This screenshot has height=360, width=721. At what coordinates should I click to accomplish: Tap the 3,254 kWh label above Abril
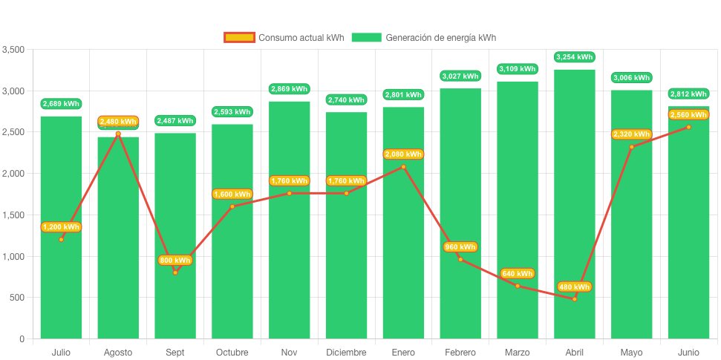pos(574,56)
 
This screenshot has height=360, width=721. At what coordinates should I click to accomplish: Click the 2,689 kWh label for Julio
pos(61,104)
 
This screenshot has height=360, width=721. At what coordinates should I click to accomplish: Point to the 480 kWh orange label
pos(574,287)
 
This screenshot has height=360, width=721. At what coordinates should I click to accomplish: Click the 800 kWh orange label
pos(175,261)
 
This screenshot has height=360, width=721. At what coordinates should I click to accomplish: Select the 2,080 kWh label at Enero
pos(403,154)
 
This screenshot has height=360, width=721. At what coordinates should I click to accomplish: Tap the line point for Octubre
pos(232,206)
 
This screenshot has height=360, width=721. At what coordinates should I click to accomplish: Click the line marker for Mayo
pos(631,147)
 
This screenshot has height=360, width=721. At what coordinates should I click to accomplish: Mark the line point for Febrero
pos(460,259)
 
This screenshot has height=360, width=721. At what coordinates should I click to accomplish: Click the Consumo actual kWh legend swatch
pos(239,38)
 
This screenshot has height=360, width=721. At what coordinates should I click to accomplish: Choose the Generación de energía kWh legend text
pos(441,38)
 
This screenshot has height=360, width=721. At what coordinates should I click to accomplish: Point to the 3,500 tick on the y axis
pos(13,50)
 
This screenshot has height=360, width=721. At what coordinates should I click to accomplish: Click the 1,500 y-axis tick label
pos(13,215)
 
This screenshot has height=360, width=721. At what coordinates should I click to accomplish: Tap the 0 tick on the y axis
pos(22,339)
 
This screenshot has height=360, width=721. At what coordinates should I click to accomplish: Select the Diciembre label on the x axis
pos(346,353)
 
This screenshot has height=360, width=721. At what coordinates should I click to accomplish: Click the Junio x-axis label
pos(688,353)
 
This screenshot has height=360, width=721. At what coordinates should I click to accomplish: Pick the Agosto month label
pos(118,353)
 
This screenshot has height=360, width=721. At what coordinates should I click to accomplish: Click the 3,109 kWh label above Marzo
pos(518,69)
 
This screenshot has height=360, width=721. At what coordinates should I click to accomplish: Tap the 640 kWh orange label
pos(518,274)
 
